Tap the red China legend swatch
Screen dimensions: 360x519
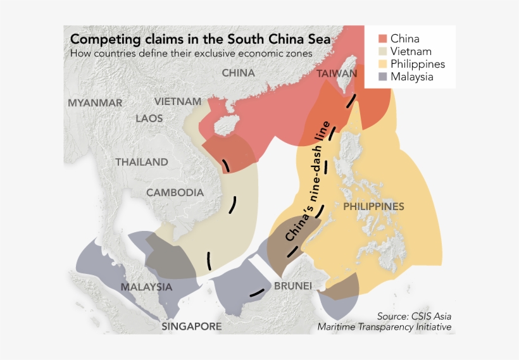point(382,39)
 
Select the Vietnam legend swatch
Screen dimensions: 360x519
point(382,51)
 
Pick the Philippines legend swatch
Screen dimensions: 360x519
point(382,64)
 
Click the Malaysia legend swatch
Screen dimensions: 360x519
point(382,77)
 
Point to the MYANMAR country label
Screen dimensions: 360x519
point(95,102)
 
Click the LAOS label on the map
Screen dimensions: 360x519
point(149,118)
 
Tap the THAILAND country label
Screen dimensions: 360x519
point(142,162)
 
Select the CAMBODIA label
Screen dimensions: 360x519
point(175,192)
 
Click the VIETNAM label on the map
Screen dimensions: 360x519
point(178,101)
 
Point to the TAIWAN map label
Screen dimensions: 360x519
point(337,73)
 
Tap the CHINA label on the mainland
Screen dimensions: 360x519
point(238,73)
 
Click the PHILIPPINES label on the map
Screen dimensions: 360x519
point(373,207)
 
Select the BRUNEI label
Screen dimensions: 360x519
point(292,286)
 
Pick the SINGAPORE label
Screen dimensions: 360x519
point(191,326)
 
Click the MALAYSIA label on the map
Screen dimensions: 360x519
point(146,287)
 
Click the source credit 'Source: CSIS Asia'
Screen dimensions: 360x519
point(414,316)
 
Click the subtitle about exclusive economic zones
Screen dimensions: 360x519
point(191,54)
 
